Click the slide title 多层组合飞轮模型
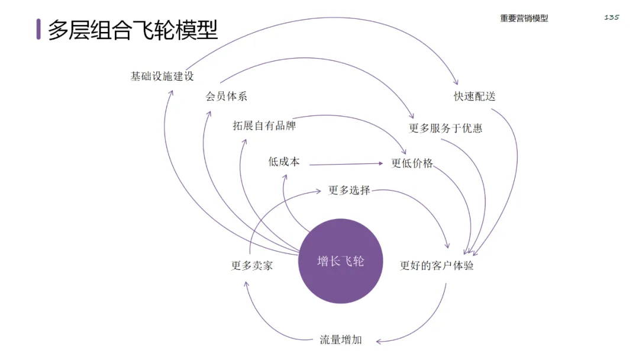click(133, 30)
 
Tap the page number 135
click(612, 17)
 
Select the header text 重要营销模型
click(524, 18)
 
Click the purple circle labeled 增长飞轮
click(340, 261)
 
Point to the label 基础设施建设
click(162, 76)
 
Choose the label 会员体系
click(226, 97)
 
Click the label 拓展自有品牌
click(264, 126)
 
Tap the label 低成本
click(284, 161)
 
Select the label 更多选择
click(349, 190)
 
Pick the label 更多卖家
click(252, 265)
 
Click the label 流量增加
click(341, 340)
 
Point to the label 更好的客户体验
click(437, 265)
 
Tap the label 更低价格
click(412, 163)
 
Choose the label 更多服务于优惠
click(446, 128)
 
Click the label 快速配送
click(475, 96)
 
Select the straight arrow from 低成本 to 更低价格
click(346, 163)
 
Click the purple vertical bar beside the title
click(38, 29)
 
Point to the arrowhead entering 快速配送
click(456, 83)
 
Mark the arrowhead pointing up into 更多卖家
click(246, 284)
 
